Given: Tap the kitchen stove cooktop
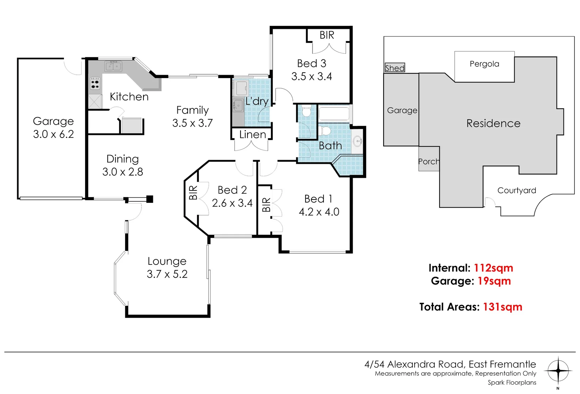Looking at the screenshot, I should (95, 83).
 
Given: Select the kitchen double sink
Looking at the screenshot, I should (114, 66).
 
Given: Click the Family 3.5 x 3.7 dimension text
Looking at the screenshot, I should (192, 123).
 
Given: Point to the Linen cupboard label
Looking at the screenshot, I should (253, 135).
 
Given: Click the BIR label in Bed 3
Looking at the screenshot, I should (327, 35).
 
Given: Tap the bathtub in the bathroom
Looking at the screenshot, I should (334, 113).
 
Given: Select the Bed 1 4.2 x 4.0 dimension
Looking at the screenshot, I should (319, 212).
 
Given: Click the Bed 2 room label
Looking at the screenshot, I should (232, 190).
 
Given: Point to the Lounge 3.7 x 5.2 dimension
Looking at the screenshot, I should (167, 274).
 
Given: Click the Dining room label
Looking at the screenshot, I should (123, 159).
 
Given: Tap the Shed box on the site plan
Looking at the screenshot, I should (395, 67).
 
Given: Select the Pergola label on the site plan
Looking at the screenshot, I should (484, 64).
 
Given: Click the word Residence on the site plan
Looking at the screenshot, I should (493, 123).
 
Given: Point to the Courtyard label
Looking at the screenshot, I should (516, 190).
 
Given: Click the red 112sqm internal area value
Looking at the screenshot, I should (493, 268).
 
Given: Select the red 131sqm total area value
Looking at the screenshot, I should (502, 307).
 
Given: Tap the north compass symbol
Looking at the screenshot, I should (558, 371).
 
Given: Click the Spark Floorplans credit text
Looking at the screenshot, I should (512, 382).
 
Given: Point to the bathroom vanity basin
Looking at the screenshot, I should (358, 140).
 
